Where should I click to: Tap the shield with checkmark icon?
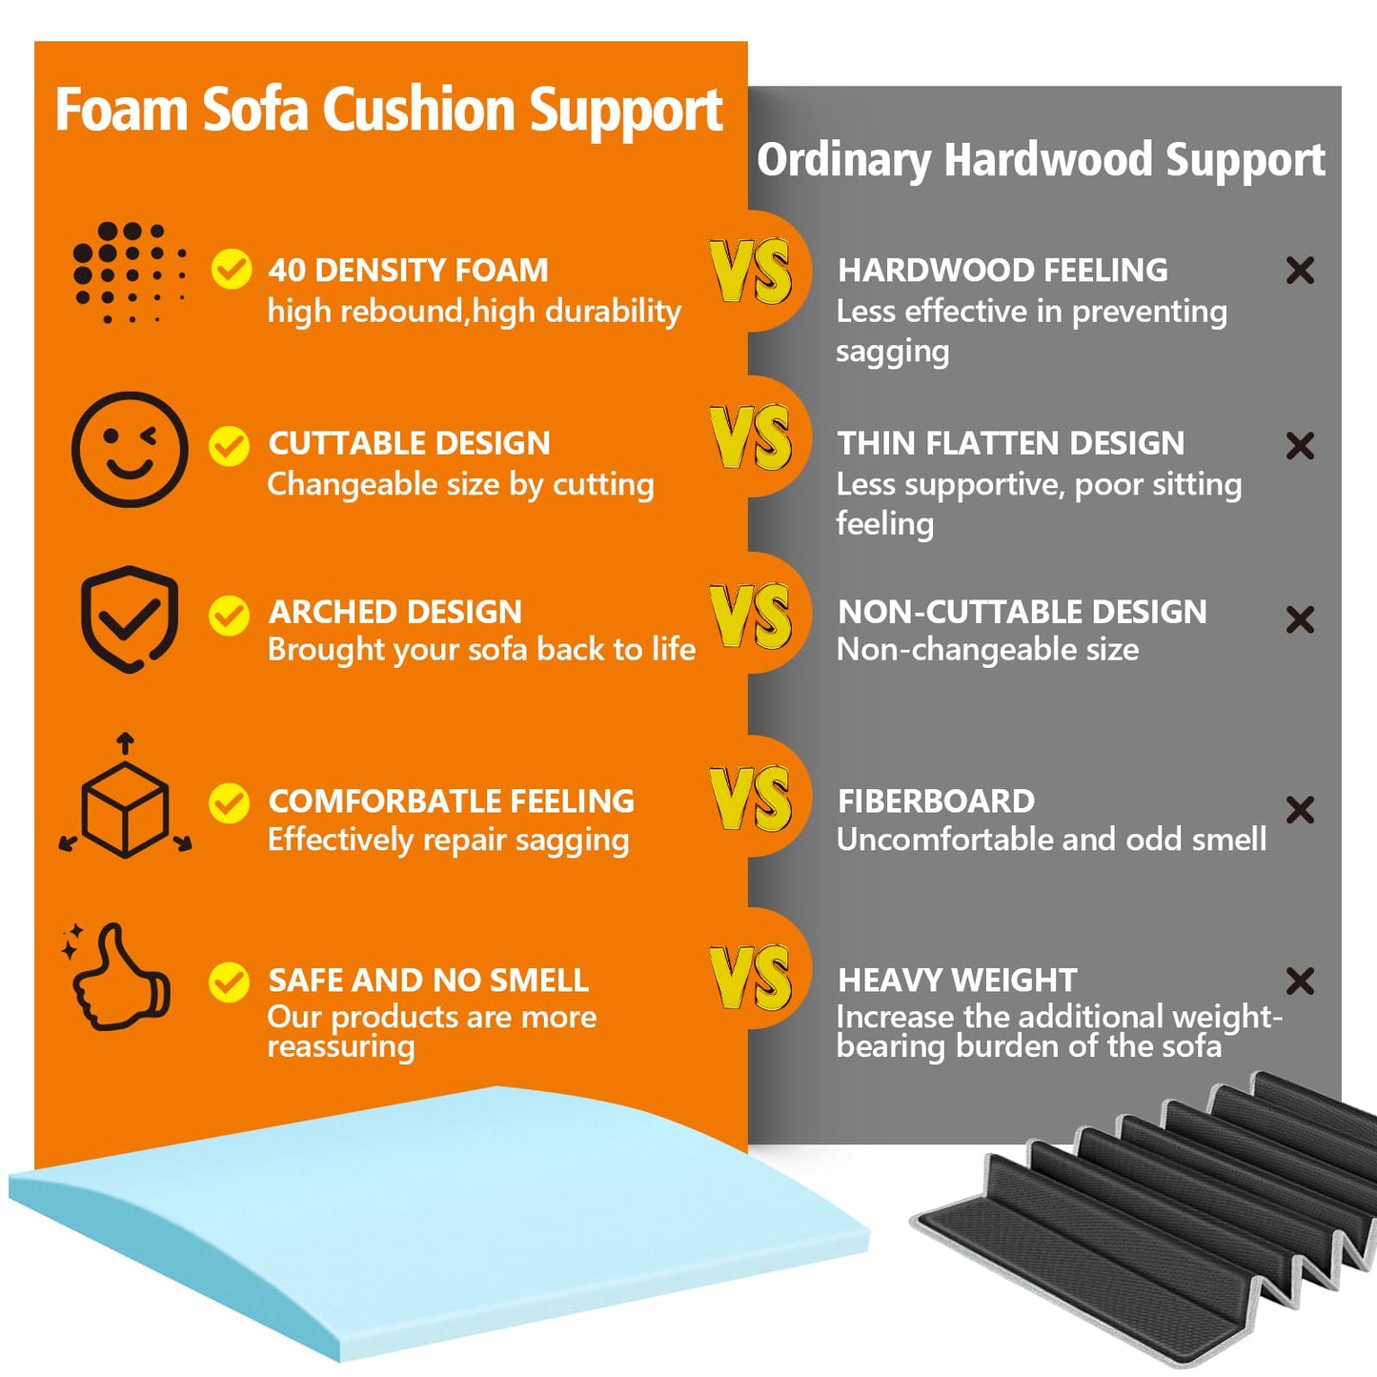click(x=130, y=618)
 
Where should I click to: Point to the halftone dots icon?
click(x=130, y=273)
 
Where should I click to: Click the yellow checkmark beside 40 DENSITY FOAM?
click(x=232, y=270)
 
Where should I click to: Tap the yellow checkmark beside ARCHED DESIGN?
click(x=229, y=615)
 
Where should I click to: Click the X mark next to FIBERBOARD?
click(x=1300, y=810)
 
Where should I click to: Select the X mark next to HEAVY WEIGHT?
click(x=1300, y=982)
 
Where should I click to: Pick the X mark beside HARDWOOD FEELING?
click(x=1300, y=271)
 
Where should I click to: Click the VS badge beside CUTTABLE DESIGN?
click(x=750, y=436)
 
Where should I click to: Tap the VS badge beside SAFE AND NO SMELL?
click(x=750, y=977)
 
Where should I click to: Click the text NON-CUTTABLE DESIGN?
click(x=1023, y=612)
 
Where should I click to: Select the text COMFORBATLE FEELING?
click(x=452, y=801)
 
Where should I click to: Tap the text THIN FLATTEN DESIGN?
click(x=1011, y=443)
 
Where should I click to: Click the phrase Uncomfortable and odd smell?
click(x=1052, y=840)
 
